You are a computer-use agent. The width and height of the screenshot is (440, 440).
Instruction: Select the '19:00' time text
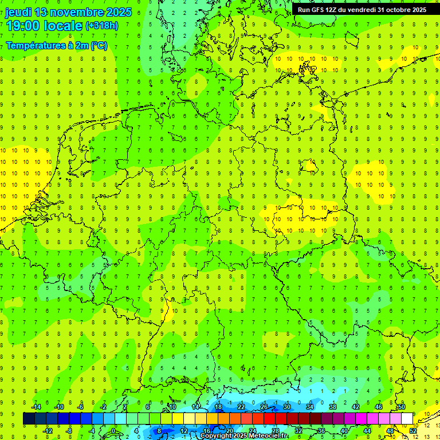(25, 26)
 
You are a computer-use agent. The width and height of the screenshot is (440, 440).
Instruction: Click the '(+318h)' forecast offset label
(101, 26)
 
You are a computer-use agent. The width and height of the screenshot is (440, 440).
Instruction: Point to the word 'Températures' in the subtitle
(35, 45)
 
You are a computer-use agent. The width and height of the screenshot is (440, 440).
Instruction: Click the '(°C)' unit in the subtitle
(98, 45)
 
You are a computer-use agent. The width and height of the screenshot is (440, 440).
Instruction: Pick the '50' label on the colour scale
(401, 407)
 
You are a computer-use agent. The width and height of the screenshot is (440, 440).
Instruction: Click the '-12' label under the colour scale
(48, 431)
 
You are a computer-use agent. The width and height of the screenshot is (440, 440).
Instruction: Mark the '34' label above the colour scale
(309, 407)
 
